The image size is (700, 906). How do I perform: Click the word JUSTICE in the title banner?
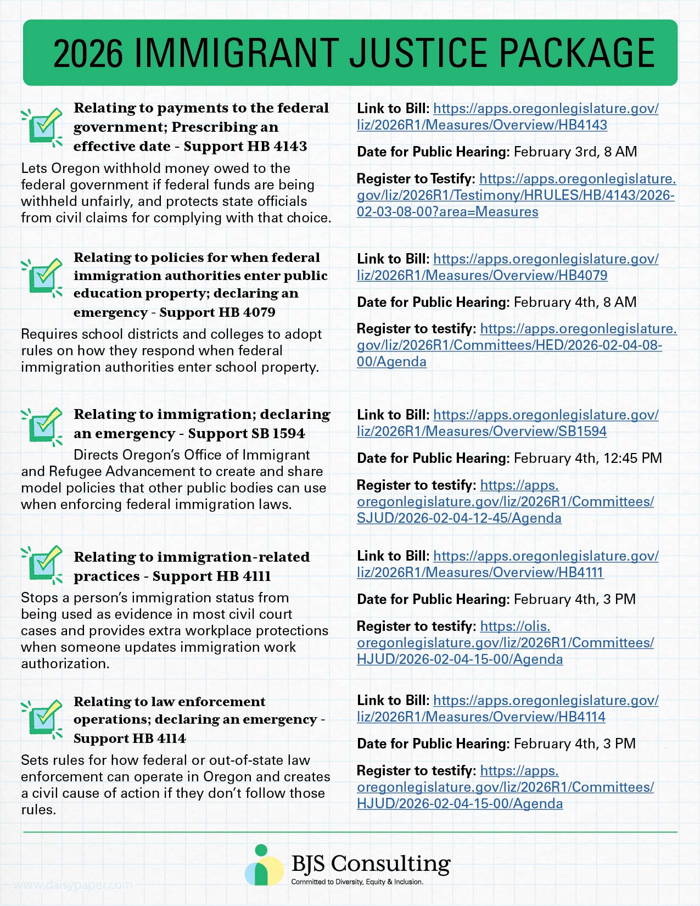pyautogui.click(x=420, y=53)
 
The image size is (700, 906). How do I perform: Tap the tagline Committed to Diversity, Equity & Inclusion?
pyautogui.click(x=357, y=882)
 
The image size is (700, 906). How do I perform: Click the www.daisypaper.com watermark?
pyautogui.click(x=72, y=885)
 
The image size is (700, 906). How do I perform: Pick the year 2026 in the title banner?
pyautogui.click(x=88, y=53)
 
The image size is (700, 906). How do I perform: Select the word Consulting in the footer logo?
pyautogui.click(x=390, y=864)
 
